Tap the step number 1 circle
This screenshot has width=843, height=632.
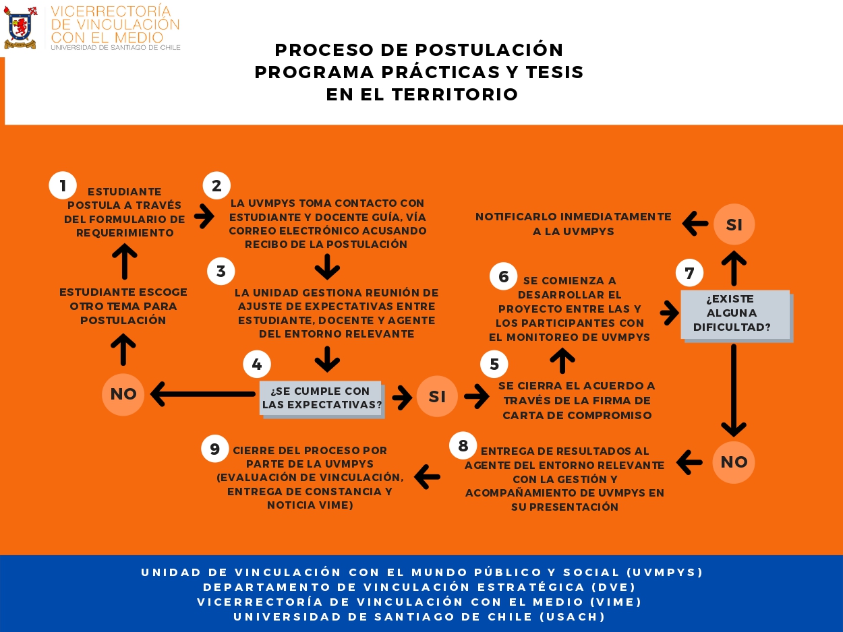[63, 185]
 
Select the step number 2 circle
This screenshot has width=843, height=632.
[216, 185]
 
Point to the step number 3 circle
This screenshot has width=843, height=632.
[221, 272]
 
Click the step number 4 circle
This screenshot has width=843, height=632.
[257, 365]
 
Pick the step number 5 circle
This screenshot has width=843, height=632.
[494, 365]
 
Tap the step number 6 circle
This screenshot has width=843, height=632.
[503, 276]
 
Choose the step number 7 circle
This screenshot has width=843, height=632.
[689, 273]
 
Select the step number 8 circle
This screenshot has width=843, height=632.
[463, 445]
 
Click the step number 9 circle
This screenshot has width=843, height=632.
[215, 449]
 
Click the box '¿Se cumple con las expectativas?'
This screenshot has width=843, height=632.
[321, 398]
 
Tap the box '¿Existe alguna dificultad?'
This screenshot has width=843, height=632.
[734, 314]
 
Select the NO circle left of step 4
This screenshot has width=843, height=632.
[123, 394]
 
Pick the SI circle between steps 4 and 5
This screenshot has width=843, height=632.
[437, 396]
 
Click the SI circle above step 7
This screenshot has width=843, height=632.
[734, 224]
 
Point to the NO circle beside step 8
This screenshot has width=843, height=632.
[734, 462]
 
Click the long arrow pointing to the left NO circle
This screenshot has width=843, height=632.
[202, 395]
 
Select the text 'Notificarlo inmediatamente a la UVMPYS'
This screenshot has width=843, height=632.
[573, 224]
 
